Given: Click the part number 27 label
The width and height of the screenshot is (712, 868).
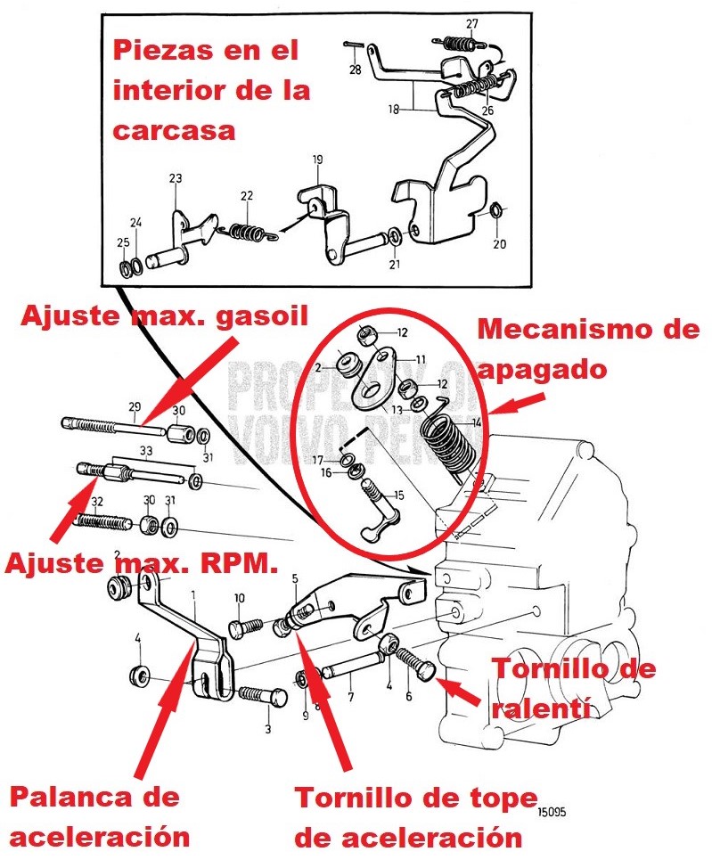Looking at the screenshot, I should (471, 23).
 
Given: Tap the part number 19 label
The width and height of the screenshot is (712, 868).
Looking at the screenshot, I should (316, 160).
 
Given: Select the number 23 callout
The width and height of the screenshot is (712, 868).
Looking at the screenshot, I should (175, 178).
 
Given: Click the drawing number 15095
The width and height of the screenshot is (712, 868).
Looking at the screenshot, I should (552, 812).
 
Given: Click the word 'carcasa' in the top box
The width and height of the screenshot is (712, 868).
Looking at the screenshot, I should (174, 130).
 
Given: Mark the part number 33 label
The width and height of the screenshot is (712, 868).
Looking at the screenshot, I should (145, 451).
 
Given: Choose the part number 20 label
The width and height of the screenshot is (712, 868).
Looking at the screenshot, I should (499, 243).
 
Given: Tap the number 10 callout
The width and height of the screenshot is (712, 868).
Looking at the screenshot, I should (239, 598).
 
